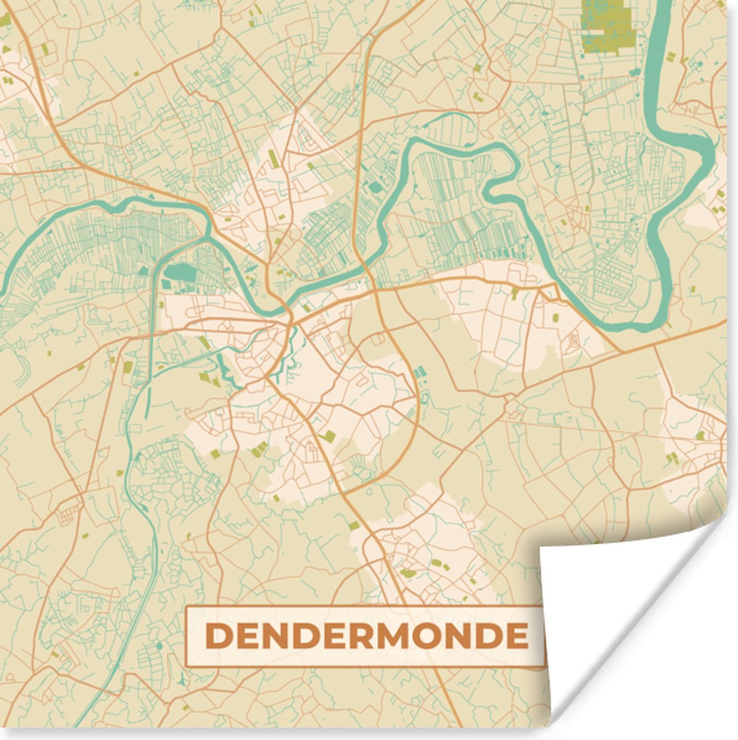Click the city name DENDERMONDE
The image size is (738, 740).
click(x=366, y=636)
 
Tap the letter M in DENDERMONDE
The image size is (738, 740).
click(x=400, y=636)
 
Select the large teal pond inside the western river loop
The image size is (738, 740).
click(x=180, y=271)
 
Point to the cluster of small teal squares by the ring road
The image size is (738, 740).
click(x=419, y=372)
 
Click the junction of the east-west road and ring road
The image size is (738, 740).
click(x=375, y=289)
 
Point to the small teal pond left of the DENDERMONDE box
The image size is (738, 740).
click(x=159, y=645)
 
